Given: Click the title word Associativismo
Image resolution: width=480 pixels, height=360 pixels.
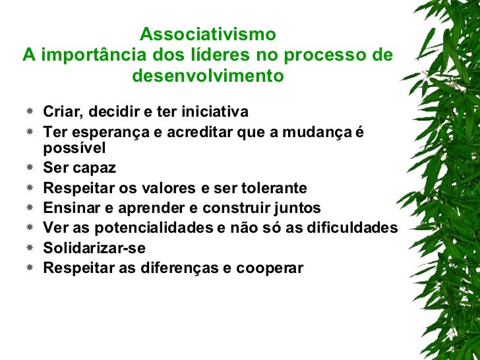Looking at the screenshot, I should pyautogui.click(x=208, y=34).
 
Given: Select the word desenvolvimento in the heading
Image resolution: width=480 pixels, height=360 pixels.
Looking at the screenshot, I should pyautogui.click(x=208, y=76).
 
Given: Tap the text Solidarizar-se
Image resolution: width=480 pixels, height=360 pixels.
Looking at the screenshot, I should pyautogui.click(x=94, y=248).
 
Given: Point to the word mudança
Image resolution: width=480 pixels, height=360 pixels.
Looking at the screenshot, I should pyautogui.click(x=316, y=133).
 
